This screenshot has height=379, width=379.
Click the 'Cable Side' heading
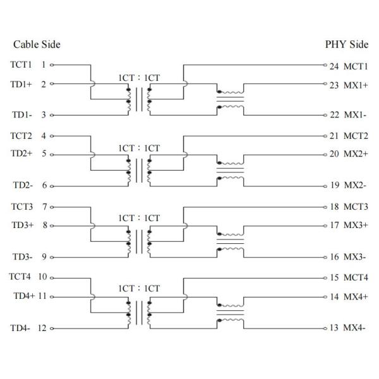pos(37,44)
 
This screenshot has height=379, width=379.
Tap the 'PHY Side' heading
pos(347,44)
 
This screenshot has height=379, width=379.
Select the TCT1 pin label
pos(21,65)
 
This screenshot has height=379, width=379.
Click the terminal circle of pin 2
pos(52,84)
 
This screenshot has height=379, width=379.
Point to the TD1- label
pos(22,114)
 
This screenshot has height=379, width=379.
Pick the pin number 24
pos(334,66)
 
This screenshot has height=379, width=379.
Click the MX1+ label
pos(356,85)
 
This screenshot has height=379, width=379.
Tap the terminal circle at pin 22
pos(325,115)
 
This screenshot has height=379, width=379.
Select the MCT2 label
pos(356,136)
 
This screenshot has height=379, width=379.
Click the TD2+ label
pos(21,153)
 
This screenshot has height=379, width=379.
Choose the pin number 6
pos(44,185)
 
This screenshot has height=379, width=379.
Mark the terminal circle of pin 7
pos(52,207)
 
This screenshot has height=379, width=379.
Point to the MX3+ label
pos(356,225)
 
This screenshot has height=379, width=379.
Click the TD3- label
pos(23,256)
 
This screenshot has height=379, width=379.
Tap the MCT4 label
pos(356,277)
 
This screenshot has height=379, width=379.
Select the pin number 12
pos(42,328)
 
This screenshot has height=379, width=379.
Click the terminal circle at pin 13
pos(325,328)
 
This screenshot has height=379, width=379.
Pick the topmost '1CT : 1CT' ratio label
pos(139,78)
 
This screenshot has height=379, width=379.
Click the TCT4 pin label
pos(20,277)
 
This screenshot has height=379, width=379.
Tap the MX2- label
pos(355,185)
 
